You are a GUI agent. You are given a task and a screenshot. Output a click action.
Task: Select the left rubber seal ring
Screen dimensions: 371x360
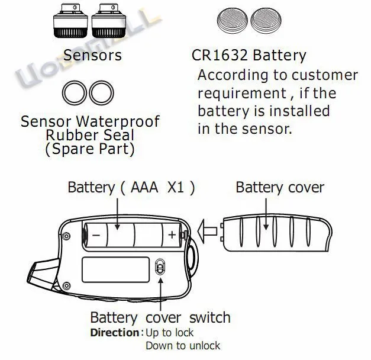[x=75, y=92]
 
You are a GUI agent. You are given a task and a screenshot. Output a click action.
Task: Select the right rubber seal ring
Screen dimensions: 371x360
[x=102, y=92]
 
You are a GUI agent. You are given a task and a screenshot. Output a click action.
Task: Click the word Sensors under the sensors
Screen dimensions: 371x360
[x=92, y=56]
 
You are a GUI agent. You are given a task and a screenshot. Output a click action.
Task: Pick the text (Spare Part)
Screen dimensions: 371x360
[x=90, y=149]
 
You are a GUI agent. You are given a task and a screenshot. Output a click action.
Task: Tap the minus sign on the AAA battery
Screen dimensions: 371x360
[x=96, y=234]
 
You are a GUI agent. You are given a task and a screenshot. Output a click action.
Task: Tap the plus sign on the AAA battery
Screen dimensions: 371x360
[x=172, y=234]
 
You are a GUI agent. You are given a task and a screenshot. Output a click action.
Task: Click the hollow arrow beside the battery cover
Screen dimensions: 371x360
[x=207, y=228]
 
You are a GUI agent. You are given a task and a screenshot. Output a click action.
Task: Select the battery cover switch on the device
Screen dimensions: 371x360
[x=159, y=268]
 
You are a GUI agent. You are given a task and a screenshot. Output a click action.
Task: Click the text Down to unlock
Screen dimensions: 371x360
[x=183, y=346]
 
